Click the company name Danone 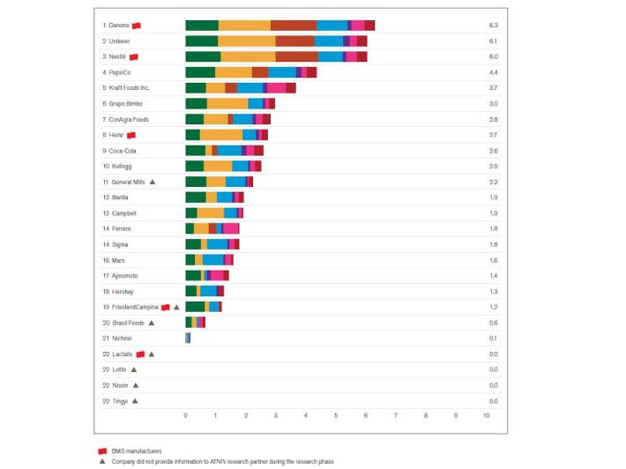[x=120, y=26]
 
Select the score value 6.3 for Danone [x=493, y=26]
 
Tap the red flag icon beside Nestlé [x=133, y=56]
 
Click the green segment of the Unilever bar [x=201, y=41]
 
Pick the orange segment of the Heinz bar [x=220, y=135]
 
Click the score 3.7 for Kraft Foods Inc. [x=493, y=88]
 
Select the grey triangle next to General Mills [x=153, y=182]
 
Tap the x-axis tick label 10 [x=486, y=414]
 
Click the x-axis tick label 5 [x=336, y=414]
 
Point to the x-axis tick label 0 [x=185, y=414]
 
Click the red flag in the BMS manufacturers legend [x=102, y=450]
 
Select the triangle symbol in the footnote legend [x=102, y=461]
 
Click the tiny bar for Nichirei [x=188, y=338]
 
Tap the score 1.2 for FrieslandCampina [x=493, y=307]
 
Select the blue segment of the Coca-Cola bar [x=229, y=151]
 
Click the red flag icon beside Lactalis [x=140, y=354]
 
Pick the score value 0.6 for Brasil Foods [x=493, y=323]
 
